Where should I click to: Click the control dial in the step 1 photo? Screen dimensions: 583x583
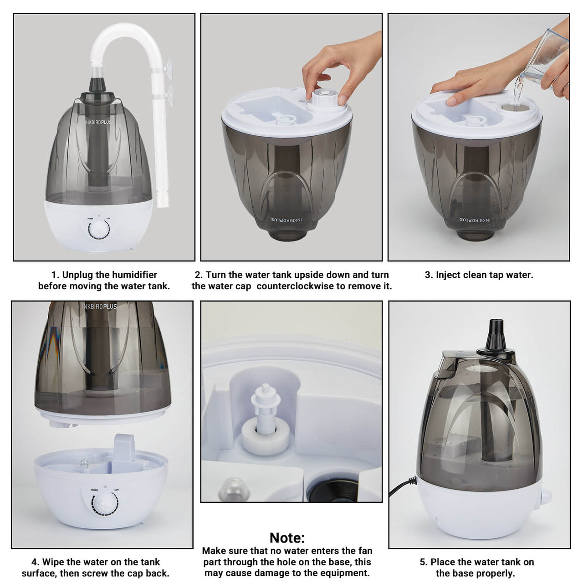(99, 230)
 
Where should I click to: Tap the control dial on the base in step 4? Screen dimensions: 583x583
(105, 503)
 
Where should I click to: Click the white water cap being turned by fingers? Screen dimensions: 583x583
(324, 99)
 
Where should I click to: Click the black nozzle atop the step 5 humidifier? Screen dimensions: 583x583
(496, 336)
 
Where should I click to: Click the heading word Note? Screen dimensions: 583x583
(287, 538)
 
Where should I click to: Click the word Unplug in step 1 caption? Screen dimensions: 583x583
(77, 275)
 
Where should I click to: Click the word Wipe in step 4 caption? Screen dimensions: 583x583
(53, 562)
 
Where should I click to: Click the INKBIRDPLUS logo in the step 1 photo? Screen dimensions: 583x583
(98, 122)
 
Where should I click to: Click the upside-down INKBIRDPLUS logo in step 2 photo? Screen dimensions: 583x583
(286, 220)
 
